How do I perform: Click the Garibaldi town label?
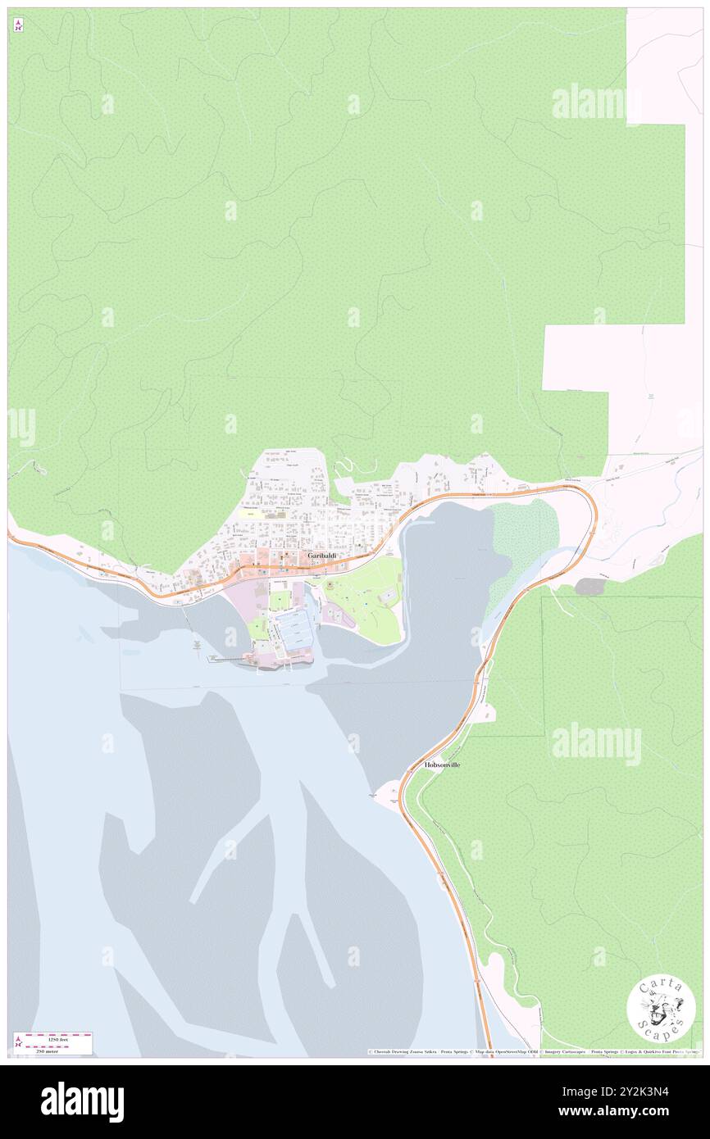(321, 556)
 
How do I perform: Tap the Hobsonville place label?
(443, 765)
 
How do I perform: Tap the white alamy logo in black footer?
(83, 1102)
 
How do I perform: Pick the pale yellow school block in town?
(252, 513)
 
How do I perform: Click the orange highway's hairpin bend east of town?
(592, 508)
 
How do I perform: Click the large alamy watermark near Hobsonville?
(596, 744)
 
